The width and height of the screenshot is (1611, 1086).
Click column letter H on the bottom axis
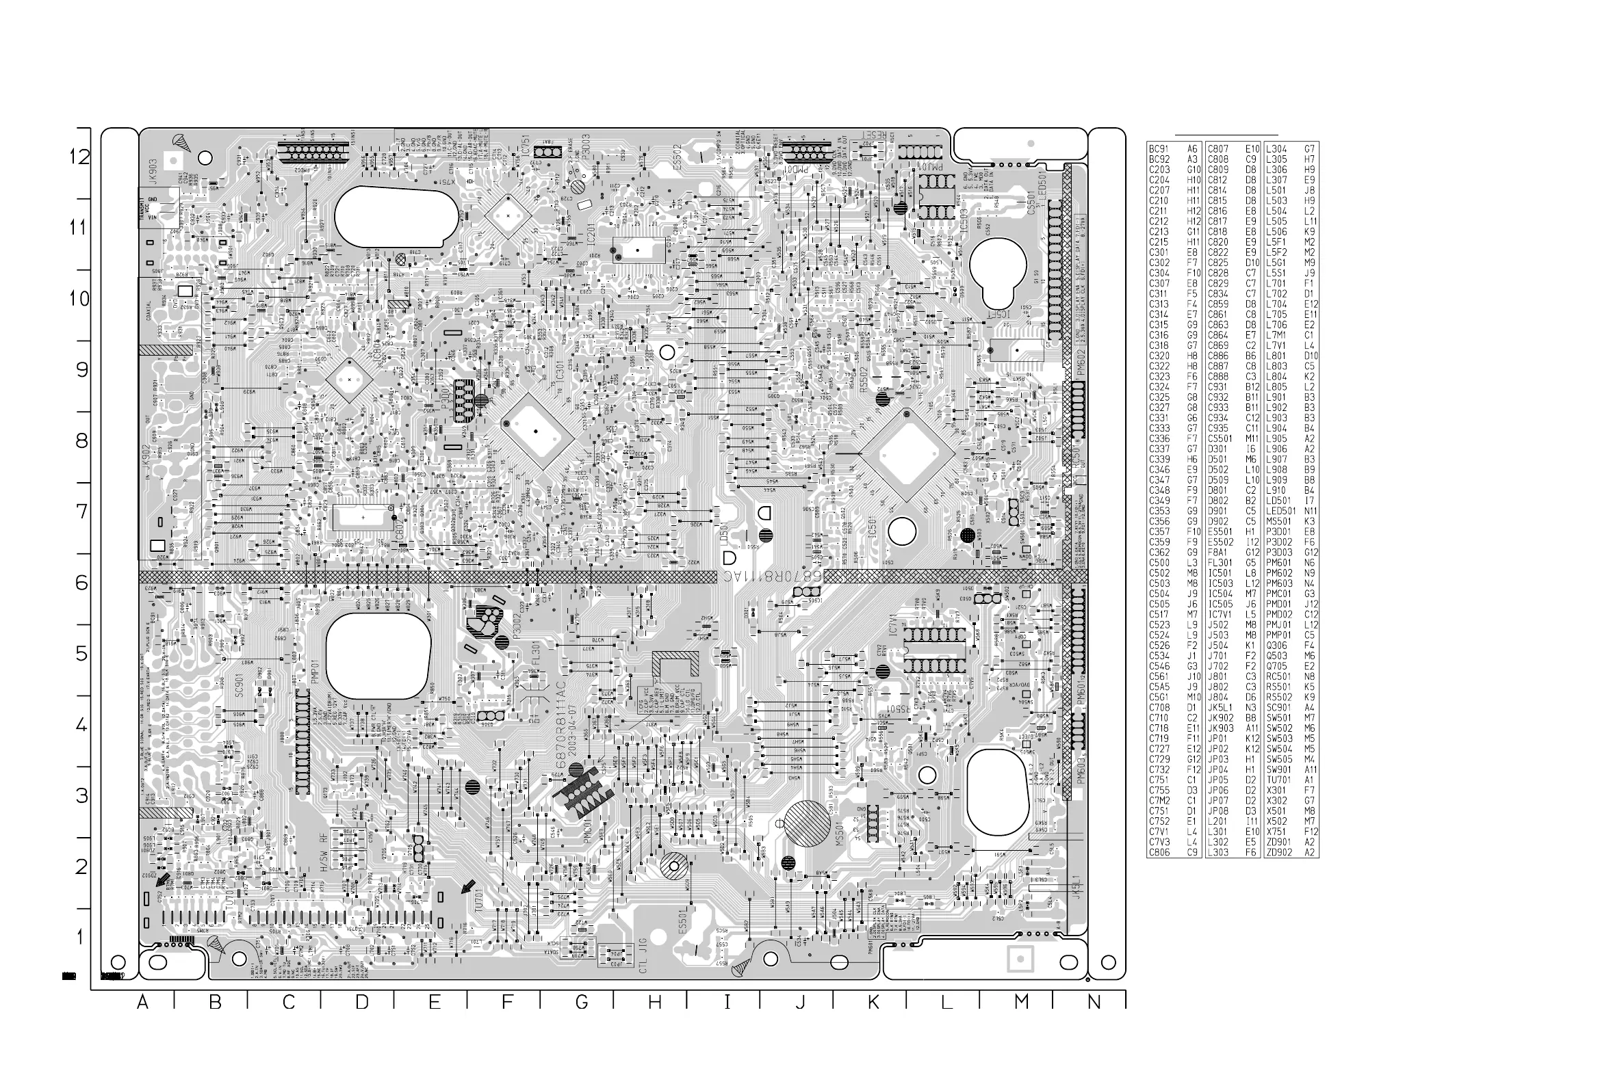(654, 1001)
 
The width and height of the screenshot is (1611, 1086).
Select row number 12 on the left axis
(79, 157)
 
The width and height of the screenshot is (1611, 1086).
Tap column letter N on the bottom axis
(1094, 1001)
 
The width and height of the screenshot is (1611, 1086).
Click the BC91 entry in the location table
(1159, 149)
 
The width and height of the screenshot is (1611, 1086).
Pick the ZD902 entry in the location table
(1279, 853)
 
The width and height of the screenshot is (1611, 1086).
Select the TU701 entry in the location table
(1279, 780)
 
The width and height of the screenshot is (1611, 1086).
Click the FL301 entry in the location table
(1220, 562)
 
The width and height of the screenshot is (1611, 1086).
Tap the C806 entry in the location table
(1159, 853)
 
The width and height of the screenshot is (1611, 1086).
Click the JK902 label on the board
(146, 460)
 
